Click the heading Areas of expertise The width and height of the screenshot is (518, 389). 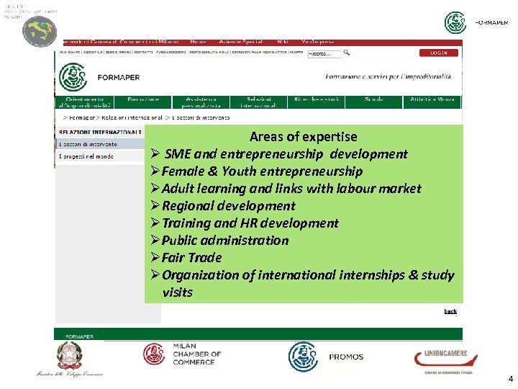[x=303, y=136]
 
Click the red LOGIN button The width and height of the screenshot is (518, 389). [x=439, y=53]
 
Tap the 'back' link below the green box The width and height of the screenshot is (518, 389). [x=450, y=311]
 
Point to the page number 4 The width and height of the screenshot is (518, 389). [x=510, y=378]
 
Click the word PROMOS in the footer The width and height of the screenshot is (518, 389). [x=346, y=357]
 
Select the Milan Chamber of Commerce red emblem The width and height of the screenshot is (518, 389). [x=154, y=354]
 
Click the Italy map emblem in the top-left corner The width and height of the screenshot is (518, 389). [x=39, y=31]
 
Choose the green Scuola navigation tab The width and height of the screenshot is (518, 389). [x=373, y=99]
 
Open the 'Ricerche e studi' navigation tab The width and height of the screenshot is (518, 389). [x=317, y=99]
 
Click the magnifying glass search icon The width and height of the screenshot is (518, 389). [x=347, y=53]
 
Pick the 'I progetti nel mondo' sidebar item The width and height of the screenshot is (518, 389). [x=86, y=156]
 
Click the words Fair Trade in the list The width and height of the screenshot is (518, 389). [x=191, y=257]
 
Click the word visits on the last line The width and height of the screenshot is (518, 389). [x=178, y=292]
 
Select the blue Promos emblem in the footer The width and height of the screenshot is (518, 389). [x=303, y=357]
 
